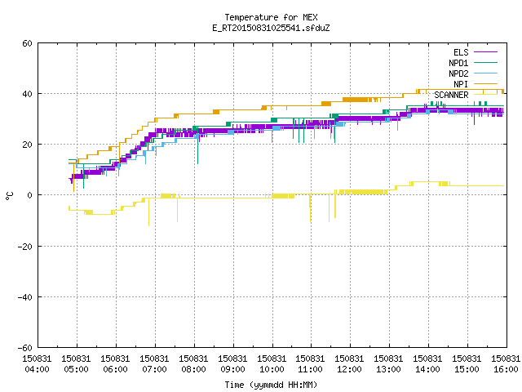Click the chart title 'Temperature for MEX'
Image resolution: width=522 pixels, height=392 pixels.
coord(271,17)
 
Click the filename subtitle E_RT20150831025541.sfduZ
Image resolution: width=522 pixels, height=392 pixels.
coord(271,28)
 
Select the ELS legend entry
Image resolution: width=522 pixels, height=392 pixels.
coord(476,52)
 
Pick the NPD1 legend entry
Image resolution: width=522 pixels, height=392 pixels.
coord(473,63)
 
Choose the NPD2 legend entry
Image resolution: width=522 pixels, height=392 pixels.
coord(473,73)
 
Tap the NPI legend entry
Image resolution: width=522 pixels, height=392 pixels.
coord(476,84)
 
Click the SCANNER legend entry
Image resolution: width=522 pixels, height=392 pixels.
coord(466,95)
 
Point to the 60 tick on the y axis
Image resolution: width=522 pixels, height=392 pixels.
coord(27,43)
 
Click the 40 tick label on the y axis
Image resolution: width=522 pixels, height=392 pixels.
coord(27,94)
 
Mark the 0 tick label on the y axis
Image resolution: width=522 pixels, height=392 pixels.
coord(29,195)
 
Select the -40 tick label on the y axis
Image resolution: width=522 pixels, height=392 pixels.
coord(25,297)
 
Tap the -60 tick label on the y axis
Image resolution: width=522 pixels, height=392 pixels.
coord(25,348)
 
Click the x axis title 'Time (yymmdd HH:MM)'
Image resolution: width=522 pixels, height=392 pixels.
coord(271,385)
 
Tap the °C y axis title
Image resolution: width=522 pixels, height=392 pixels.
coord(9,196)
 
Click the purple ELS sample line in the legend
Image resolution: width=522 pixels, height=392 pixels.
coord(486,52)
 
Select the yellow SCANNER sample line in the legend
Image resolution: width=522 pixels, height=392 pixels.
coord(486,95)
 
